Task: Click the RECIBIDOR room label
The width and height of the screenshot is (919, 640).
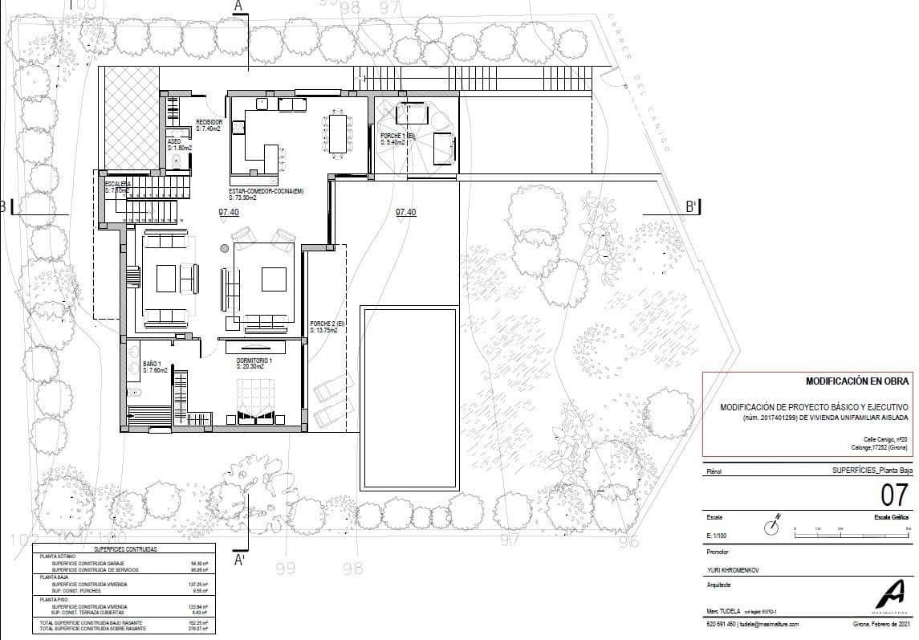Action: point(209,122)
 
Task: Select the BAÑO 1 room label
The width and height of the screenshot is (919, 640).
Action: point(153,364)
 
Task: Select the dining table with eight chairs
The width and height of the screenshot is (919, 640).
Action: point(338,134)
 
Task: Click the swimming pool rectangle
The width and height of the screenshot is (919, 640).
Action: point(409,397)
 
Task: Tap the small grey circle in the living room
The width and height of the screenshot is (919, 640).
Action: point(225,248)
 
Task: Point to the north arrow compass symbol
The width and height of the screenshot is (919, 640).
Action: point(772,526)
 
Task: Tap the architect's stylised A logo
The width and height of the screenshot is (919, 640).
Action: point(889,594)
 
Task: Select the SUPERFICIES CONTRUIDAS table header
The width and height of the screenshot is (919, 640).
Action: point(125,549)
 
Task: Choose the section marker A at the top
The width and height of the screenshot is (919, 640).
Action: point(238,6)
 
